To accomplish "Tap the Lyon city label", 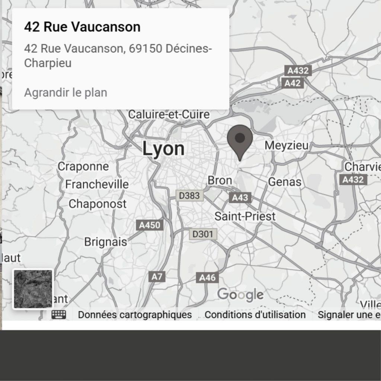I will point(163,149).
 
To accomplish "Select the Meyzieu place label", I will point(286,145).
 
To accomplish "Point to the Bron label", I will point(220,181).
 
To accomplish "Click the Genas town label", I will point(285,182).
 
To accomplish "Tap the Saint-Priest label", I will point(245,216).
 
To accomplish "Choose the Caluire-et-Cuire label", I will point(169,115).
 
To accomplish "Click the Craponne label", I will point(83,166).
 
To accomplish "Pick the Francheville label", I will point(97,185).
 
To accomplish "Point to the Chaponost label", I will point(97,204).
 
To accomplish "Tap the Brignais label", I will point(105,242).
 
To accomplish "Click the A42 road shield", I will point(292,83).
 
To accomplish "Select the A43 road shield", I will point(240,198).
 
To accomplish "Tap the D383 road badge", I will point(189,195).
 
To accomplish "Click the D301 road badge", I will point(203,234).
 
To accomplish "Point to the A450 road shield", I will point(150,225).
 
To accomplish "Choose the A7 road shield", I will point(157,277).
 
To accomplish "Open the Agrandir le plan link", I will point(65,93).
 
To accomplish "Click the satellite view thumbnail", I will point(33,289).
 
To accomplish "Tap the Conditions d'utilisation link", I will point(255,315).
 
